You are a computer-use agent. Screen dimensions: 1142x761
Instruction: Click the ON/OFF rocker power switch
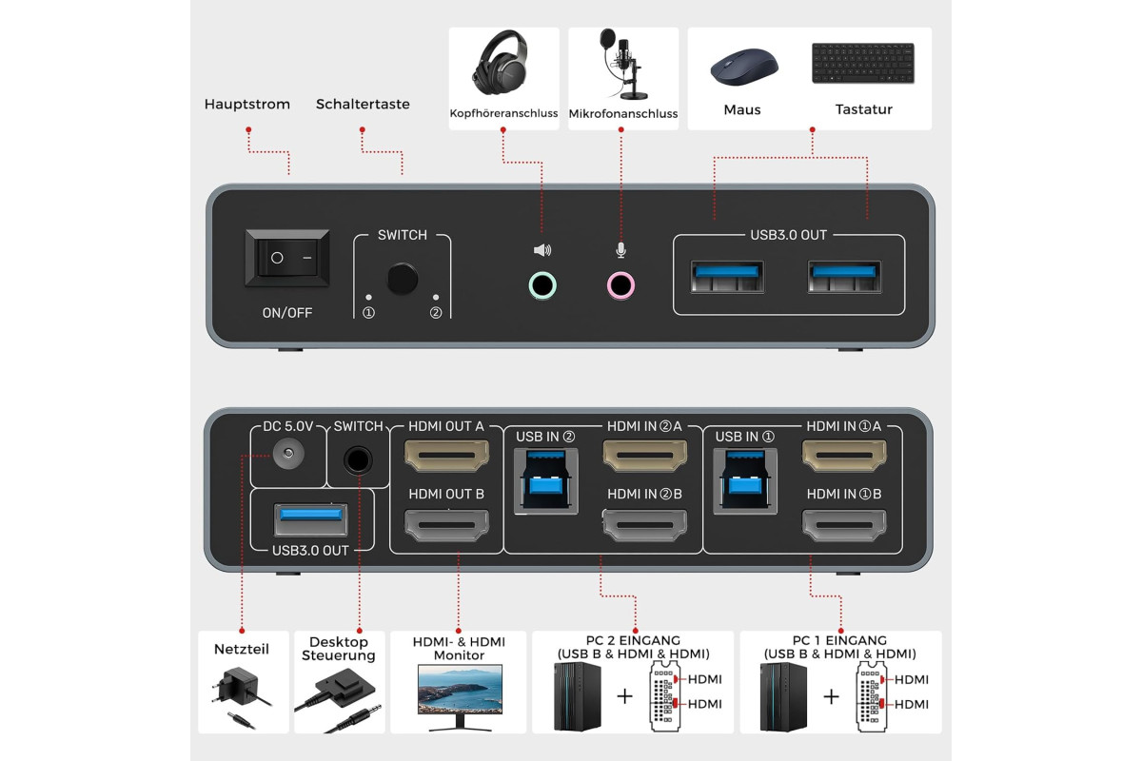[287, 258]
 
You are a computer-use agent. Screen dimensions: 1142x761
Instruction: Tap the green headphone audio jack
[542, 285]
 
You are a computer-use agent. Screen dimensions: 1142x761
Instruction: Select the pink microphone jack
[620, 285]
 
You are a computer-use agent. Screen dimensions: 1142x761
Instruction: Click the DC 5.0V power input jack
[288, 453]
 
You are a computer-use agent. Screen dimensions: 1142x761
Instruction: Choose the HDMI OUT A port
[446, 455]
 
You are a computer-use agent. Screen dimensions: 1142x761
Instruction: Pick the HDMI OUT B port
[446, 525]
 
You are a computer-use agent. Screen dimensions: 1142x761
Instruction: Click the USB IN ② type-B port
[545, 480]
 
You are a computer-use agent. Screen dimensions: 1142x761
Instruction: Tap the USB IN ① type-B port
[745, 480]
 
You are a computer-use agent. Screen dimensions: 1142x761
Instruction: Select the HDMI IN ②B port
[645, 525]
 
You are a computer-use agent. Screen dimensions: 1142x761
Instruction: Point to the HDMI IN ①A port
[844, 455]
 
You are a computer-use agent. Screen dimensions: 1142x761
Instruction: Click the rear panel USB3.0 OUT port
[311, 519]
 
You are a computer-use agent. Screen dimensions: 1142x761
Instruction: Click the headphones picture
[501, 64]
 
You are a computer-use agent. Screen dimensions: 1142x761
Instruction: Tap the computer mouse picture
[744, 67]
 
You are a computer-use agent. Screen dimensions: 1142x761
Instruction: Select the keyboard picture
[863, 63]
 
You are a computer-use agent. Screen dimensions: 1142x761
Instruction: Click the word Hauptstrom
[247, 104]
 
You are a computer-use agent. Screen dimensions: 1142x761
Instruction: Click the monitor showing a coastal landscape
[460, 696]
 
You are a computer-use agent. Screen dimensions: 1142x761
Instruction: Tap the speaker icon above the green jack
[541, 250]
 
